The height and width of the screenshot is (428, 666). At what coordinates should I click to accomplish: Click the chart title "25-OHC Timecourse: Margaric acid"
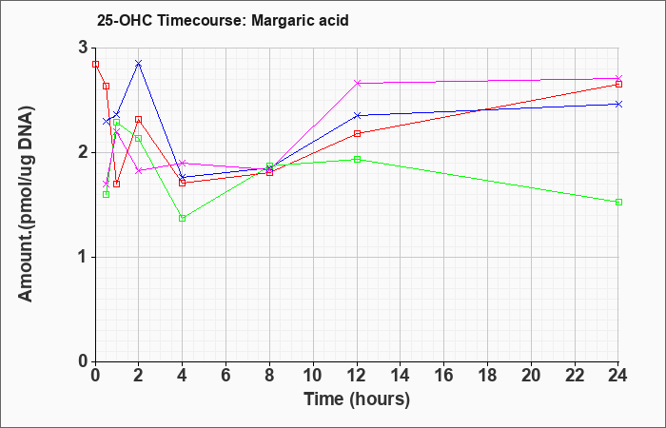[x=223, y=20]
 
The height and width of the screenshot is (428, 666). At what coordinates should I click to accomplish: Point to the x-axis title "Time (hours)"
[x=357, y=399]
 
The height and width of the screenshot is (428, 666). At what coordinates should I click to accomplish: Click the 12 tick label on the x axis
[x=357, y=376]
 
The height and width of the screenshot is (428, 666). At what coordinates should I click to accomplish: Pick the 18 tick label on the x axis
[x=488, y=376]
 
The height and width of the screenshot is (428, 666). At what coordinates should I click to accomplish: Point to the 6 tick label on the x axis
[x=226, y=376]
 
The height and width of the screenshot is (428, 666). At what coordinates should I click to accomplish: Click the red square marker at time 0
[x=95, y=65]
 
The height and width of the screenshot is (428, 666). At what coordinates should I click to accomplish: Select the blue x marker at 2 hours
[x=138, y=64]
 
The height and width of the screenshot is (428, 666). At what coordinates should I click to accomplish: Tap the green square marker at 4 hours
[x=183, y=218]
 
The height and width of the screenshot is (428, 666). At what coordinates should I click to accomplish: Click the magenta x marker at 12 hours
[x=357, y=84]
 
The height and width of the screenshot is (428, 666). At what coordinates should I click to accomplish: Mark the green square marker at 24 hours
[x=618, y=202]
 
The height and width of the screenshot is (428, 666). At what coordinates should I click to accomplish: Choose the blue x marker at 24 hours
[x=618, y=104]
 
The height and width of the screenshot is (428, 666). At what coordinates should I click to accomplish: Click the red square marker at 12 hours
[x=357, y=134]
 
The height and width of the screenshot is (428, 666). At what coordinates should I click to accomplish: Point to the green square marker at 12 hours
[x=357, y=159]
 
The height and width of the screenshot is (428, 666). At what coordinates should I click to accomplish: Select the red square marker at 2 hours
[x=138, y=120]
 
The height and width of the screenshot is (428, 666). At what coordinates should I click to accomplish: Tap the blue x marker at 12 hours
[x=357, y=115]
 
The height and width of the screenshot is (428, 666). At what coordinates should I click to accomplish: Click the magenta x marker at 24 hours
[x=618, y=79]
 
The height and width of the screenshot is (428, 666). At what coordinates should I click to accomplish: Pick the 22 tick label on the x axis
[x=575, y=376]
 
